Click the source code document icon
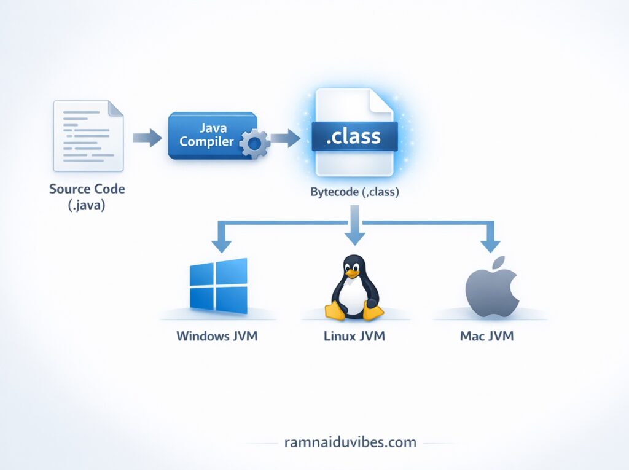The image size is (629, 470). [x=88, y=136]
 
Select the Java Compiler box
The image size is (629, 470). [x=212, y=135]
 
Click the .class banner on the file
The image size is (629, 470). [x=354, y=136]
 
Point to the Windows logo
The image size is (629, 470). [x=219, y=285]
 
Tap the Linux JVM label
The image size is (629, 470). [x=354, y=336]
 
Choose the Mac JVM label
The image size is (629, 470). [x=486, y=336]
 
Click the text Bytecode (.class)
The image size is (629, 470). [x=355, y=192]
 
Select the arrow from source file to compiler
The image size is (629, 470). [x=145, y=138]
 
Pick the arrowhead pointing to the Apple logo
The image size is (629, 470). [x=490, y=245]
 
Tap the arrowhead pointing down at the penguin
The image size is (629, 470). [x=354, y=237]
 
